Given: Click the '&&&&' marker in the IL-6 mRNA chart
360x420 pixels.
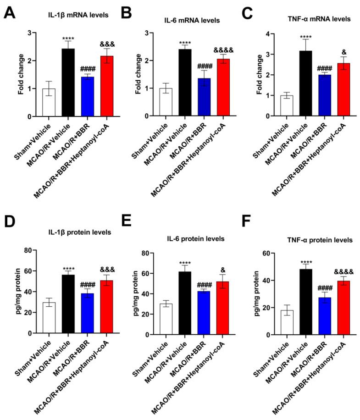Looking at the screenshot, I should [223, 50].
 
